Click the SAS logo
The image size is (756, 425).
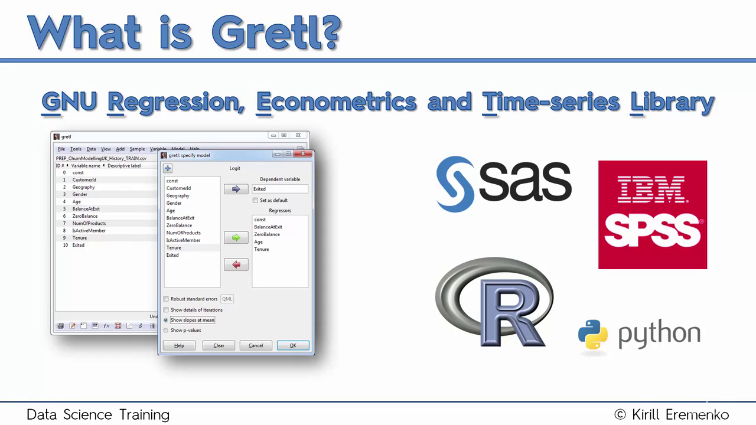504,184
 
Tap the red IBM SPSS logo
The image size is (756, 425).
653,215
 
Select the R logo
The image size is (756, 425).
494,302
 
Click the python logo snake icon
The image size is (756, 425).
592,334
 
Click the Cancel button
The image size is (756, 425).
256,345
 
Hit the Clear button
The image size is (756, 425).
219,345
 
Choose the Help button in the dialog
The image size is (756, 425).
179,345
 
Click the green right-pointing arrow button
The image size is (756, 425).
236,238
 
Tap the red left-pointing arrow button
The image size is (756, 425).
236,264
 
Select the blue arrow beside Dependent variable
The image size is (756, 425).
236,189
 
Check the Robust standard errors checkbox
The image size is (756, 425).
166,299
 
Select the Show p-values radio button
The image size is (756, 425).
166,330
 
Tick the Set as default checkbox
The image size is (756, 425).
255,200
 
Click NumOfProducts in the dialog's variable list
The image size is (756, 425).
183,233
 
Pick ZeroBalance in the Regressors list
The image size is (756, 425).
267,234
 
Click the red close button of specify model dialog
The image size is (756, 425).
303,154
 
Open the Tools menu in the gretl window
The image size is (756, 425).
76,149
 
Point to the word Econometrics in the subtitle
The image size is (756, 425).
336,102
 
